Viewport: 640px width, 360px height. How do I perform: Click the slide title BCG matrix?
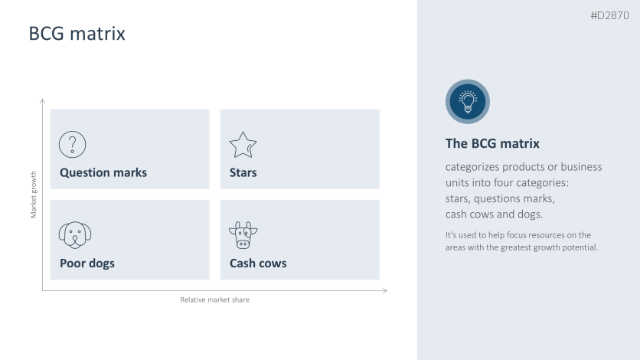[x=77, y=34]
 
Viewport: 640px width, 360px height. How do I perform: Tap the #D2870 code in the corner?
[x=609, y=15]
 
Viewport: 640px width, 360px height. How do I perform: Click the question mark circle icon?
[x=73, y=144]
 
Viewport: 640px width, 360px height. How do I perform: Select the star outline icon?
[x=243, y=144]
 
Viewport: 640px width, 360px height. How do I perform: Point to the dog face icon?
[x=75, y=234]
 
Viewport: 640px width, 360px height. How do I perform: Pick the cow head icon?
[x=243, y=235]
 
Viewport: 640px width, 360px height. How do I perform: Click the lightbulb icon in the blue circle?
[x=467, y=101]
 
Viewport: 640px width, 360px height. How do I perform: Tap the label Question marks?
[x=103, y=172]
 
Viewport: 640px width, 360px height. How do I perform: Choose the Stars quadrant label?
[x=243, y=172]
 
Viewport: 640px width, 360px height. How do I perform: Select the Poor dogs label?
[x=87, y=263]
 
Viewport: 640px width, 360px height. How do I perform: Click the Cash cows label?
[x=258, y=263]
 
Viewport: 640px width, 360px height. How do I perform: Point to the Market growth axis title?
[x=34, y=194]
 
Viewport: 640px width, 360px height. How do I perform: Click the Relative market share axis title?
[x=214, y=299]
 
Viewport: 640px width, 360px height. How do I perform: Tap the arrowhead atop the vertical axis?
[x=42, y=101]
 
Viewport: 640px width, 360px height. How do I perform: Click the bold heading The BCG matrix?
[x=492, y=143]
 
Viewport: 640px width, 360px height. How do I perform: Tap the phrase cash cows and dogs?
[x=495, y=214]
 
